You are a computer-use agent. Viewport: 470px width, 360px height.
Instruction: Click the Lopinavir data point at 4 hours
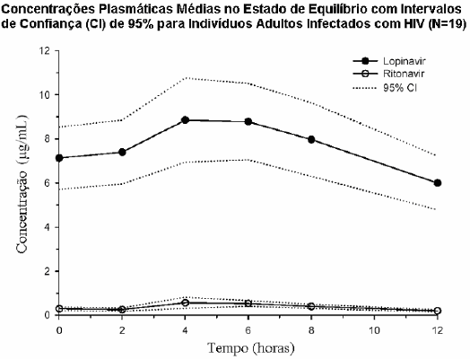pyautogui.click(x=186, y=120)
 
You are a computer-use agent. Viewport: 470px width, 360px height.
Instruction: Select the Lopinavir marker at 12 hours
pyautogui.click(x=438, y=183)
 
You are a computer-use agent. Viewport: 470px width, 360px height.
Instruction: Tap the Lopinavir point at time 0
pyautogui.click(x=59, y=158)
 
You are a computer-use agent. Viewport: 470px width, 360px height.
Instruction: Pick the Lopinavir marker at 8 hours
pyautogui.click(x=311, y=139)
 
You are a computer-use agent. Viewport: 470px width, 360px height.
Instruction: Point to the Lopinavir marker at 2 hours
pyautogui.click(x=122, y=152)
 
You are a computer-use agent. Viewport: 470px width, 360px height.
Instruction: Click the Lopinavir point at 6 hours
pyautogui.click(x=248, y=121)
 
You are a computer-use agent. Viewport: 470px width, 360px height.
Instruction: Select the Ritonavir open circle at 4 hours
pyautogui.click(x=186, y=303)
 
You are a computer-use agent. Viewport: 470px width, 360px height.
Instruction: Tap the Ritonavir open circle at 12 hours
pyautogui.click(x=438, y=311)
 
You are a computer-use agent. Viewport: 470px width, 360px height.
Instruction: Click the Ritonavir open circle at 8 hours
pyautogui.click(x=311, y=306)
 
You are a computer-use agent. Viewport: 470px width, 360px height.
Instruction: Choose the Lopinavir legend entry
pyautogui.click(x=389, y=61)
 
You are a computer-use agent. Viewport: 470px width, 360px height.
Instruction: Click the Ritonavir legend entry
pyautogui.click(x=388, y=74)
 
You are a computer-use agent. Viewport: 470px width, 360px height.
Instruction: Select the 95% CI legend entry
pyautogui.click(x=385, y=88)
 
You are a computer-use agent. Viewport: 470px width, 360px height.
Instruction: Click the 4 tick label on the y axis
pyautogui.click(x=47, y=227)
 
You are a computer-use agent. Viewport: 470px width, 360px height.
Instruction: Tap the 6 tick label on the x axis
pyautogui.click(x=248, y=330)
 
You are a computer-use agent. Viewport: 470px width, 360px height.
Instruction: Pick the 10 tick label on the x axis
pyautogui.click(x=374, y=330)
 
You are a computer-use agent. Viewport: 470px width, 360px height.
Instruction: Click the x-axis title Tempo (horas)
pyautogui.click(x=251, y=348)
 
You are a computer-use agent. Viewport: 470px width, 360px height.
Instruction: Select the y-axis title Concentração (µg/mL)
pyautogui.click(x=22, y=184)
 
